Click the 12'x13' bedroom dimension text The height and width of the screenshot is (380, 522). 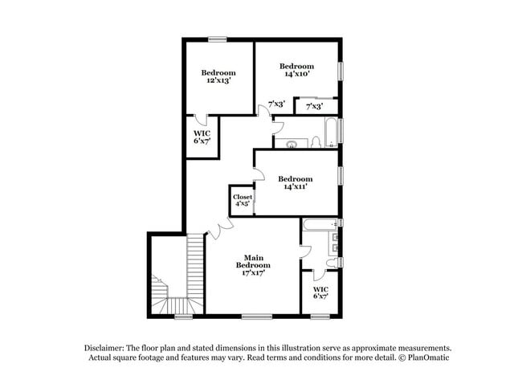[x=218, y=80]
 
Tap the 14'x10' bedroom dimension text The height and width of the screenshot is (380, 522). [x=296, y=74]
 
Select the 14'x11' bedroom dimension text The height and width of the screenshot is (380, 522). [x=295, y=186]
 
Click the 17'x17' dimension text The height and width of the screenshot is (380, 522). [x=253, y=273]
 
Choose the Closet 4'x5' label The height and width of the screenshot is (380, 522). [x=243, y=200]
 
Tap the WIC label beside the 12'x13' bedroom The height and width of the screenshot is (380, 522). [x=201, y=137]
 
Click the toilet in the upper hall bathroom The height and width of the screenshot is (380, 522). [x=316, y=143]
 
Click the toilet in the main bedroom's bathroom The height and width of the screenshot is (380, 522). [x=332, y=262]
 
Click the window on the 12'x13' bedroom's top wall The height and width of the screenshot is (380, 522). [x=218, y=39]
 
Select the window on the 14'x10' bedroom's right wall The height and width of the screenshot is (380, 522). [x=341, y=71]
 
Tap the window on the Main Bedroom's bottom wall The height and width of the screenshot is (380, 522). [x=255, y=315]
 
